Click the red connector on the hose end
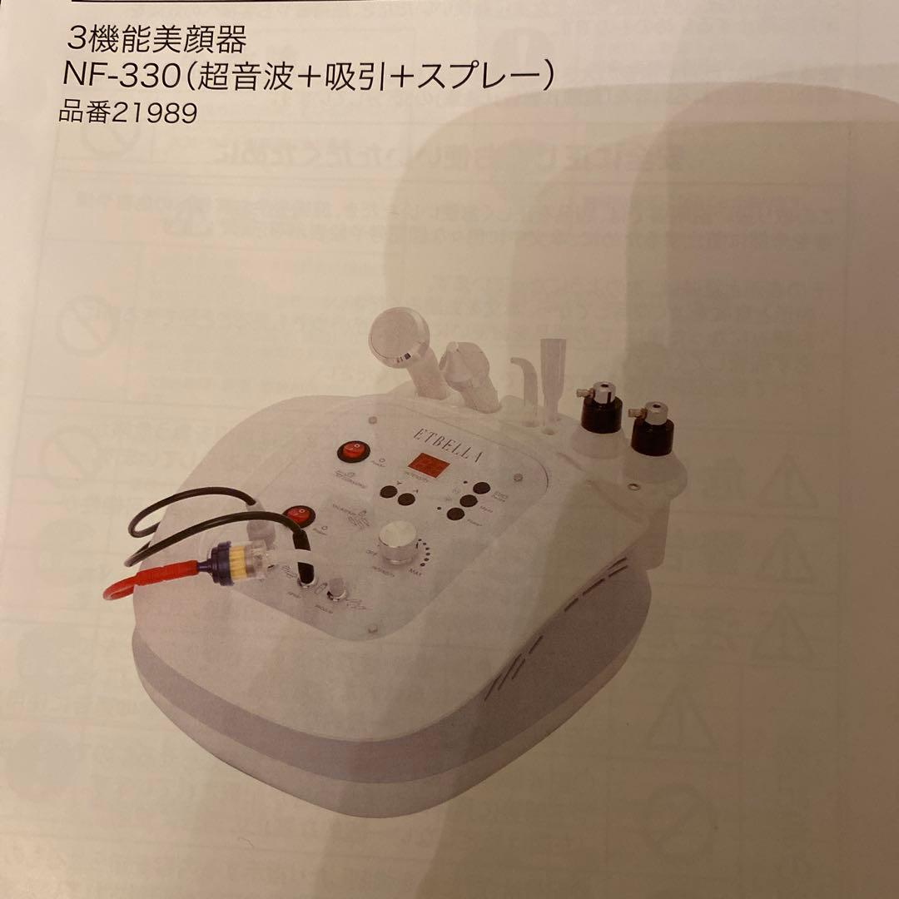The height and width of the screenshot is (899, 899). pos(150,577)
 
